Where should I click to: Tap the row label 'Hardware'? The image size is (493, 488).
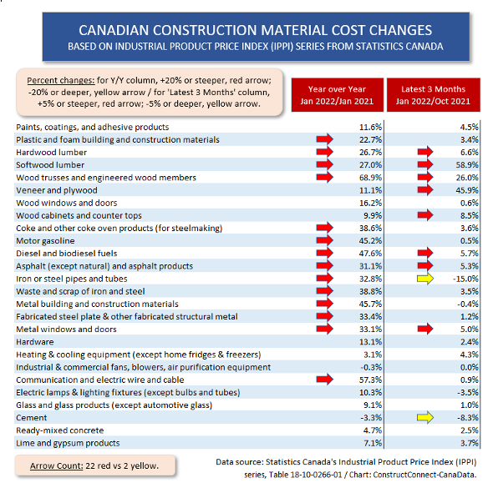(x=35, y=342)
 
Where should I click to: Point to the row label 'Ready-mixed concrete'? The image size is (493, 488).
(x=61, y=430)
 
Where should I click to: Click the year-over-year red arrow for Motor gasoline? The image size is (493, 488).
(x=323, y=241)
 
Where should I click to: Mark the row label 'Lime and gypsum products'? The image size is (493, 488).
(x=69, y=443)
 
